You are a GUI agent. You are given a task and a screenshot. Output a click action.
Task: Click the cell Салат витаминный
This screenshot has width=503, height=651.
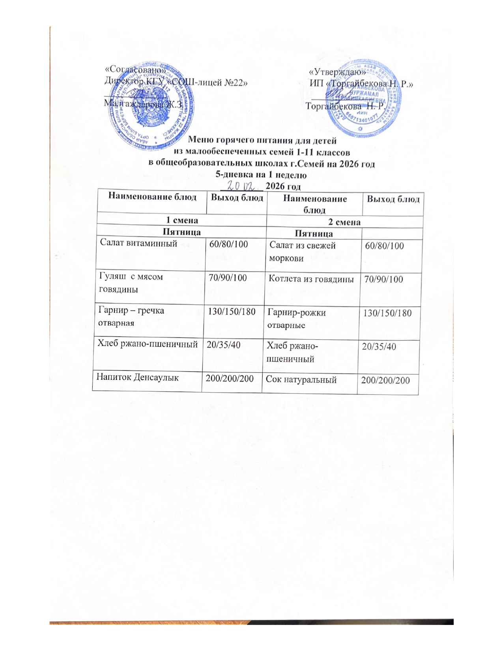click(138, 243)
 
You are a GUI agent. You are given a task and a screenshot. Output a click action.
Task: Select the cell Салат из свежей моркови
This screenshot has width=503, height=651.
click(302, 252)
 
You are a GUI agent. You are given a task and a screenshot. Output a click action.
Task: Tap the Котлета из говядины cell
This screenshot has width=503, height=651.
click(311, 279)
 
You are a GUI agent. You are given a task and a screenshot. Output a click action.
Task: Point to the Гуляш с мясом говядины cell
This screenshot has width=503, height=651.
click(131, 283)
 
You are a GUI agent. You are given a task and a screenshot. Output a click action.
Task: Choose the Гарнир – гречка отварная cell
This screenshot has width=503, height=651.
click(131, 316)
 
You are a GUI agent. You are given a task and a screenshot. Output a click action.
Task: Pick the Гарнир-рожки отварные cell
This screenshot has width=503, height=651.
click(297, 319)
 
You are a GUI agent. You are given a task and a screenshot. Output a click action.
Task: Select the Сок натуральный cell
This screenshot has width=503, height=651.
click(301, 380)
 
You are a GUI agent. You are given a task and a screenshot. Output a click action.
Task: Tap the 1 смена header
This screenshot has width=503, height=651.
click(181, 220)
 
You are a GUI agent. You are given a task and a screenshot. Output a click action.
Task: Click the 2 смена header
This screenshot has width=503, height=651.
click(344, 222)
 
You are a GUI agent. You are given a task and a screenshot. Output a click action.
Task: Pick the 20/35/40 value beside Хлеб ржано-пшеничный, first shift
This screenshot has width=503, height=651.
click(224, 344)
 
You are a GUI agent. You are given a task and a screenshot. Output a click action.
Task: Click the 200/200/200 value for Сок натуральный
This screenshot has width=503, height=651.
click(385, 380)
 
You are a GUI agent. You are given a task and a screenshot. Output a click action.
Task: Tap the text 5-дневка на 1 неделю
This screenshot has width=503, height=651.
click(262, 174)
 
